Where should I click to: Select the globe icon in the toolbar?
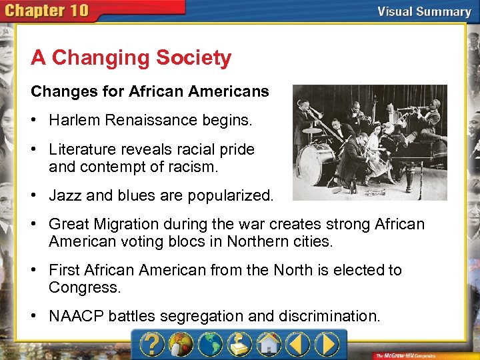click(211, 345)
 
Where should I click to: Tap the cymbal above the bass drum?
click(312, 131)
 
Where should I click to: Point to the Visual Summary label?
click(424, 11)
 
